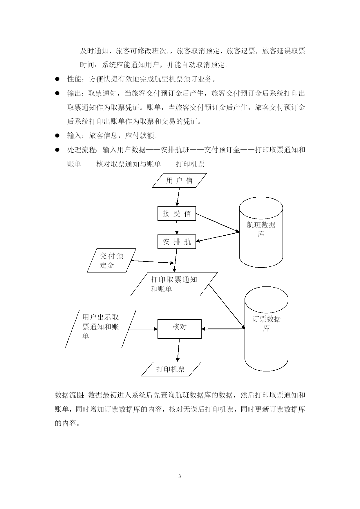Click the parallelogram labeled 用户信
(x=180, y=181)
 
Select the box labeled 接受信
(x=177, y=214)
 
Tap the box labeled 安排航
(x=177, y=242)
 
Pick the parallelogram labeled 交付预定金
(x=112, y=260)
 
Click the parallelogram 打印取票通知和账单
(x=174, y=284)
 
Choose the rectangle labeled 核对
(x=180, y=329)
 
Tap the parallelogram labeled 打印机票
(x=171, y=369)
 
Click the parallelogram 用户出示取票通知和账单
(x=101, y=329)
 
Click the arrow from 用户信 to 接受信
(x=178, y=197)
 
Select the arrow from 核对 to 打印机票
(x=178, y=350)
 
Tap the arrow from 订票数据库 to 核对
(x=223, y=329)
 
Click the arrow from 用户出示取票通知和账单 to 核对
(x=143, y=329)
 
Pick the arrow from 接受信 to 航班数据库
(x=218, y=223)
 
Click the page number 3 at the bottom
(x=180, y=476)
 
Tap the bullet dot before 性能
(x=57, y=79)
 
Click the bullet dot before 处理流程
(x=57, y=150)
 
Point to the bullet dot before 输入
(x=57, y=136)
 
